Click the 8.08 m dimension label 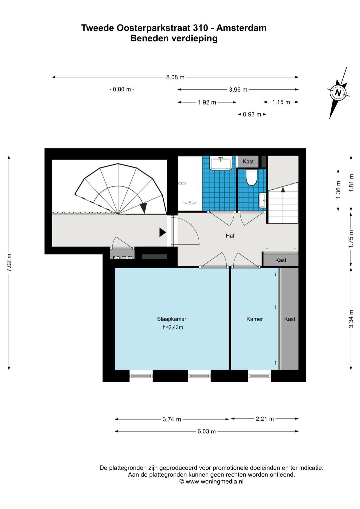click(175, 77)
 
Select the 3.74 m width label click(172, 419)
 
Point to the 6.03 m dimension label click(206, 431)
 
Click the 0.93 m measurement click(252, 114)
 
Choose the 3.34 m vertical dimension click(351, 319)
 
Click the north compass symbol click(338, 93)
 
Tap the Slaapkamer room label click(171, 319)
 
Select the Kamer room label click(254, 319)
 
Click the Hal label click(230, 236)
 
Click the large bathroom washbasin click(221, 163)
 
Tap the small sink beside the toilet click(262, 200)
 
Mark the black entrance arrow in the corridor click(162, 232)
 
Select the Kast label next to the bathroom click(248, 161)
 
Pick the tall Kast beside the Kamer click(290, 319)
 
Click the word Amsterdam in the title click(241, 28)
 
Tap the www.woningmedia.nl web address click(214, 482)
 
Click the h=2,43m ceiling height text click(173, 328)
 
